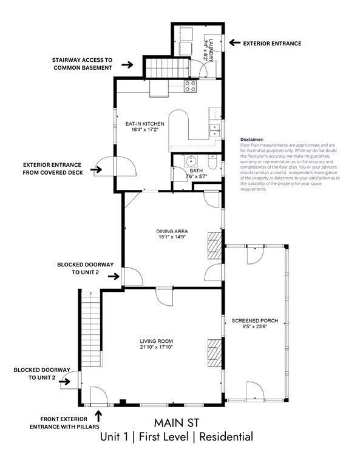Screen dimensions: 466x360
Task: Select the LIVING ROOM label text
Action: [x=156, y=342]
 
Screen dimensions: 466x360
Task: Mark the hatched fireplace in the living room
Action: [x=214, y=352]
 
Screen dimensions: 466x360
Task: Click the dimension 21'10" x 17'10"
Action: [x=156, y=348]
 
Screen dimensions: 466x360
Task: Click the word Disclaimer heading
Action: [x=253, y=139]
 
